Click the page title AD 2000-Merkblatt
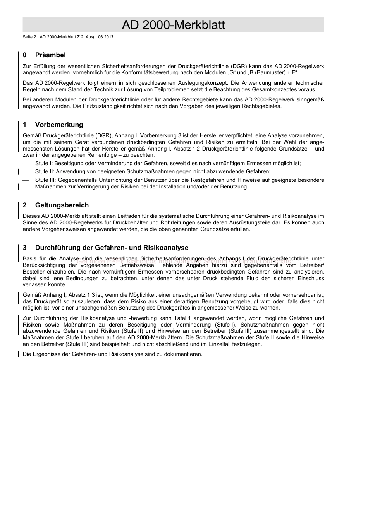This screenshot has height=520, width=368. click(173, 25)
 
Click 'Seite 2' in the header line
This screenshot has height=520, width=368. click(29, 37)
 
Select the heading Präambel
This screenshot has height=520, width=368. click(50, 55)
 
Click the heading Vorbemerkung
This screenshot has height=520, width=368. click(59, 125)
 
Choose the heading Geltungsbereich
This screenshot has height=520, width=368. click(62, 205)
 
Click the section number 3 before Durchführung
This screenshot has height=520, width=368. click(25, 248)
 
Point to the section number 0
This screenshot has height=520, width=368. click(25, 55)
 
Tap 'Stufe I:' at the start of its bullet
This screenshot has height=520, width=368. click(44, 164)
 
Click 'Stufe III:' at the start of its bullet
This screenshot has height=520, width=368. click(46, 180)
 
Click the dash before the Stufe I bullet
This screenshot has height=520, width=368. click(26, 164)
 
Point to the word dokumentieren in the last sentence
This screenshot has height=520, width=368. click(184, 354)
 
